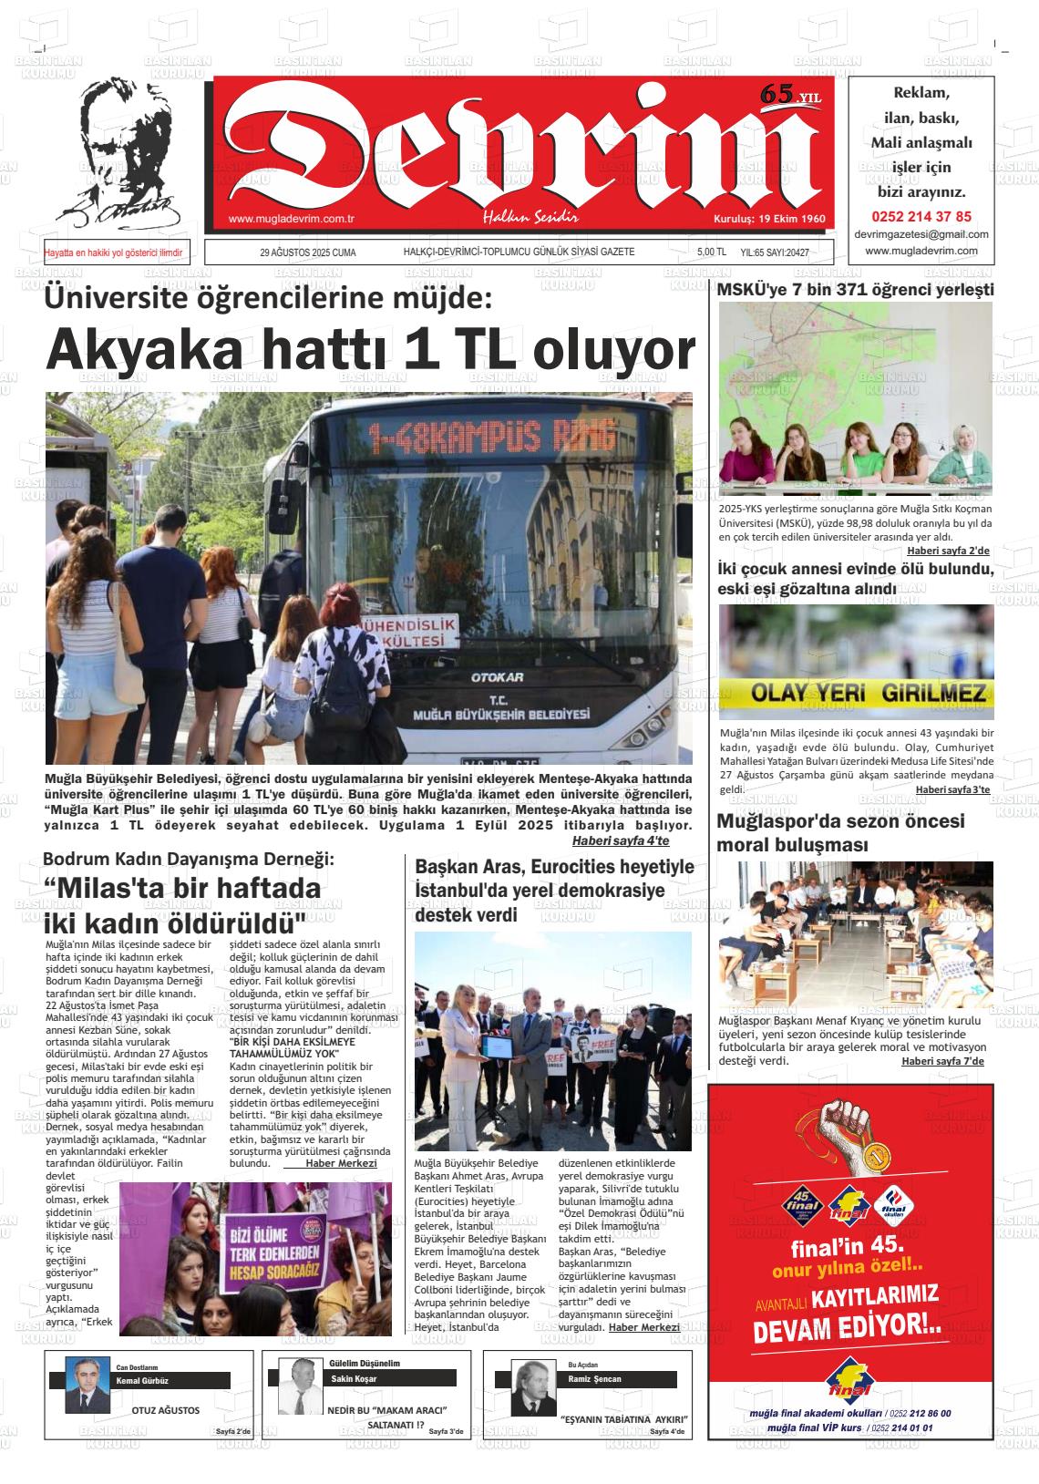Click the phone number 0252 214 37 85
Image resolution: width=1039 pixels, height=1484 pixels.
pos(921,217)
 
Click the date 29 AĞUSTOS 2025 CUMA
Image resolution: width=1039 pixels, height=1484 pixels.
pos(307,252)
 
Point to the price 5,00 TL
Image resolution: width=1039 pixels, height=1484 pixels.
pos(711,252)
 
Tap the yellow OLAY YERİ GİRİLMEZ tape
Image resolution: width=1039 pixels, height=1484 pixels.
pos(856,695)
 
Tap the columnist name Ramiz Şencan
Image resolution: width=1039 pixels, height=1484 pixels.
pos(594,1379)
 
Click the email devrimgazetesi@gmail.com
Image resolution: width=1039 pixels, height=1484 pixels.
pos(921,234)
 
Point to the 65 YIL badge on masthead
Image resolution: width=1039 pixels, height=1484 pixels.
pos(789,94)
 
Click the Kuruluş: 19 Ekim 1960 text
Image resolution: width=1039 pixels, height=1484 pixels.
pos(768,220)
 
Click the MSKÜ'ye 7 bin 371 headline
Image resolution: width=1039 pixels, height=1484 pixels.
pos(855,290)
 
